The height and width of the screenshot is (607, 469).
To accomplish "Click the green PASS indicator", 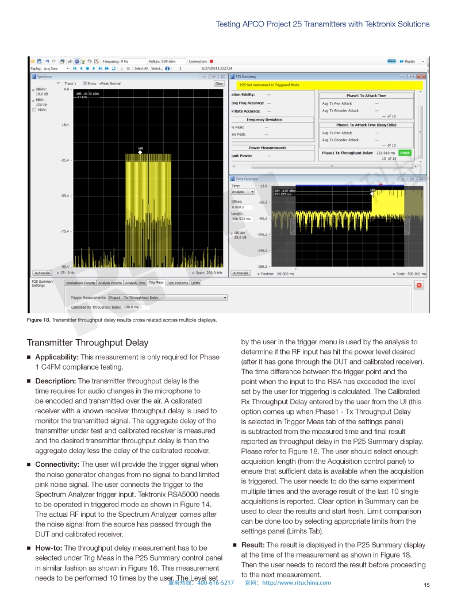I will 405,153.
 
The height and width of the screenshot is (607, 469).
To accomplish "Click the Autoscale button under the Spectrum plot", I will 41,273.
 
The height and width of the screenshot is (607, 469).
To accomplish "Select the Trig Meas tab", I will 156,282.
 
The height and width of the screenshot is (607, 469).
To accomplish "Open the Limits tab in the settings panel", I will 195,282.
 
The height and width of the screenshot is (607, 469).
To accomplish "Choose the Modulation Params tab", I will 80,282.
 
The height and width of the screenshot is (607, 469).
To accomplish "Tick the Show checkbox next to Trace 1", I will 85,83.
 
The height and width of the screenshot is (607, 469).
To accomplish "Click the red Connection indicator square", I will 212,61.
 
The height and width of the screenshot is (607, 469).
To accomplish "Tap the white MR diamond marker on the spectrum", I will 140,153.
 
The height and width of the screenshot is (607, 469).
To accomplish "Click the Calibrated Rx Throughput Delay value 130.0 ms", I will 132,307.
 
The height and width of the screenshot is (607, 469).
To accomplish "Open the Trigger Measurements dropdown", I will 225,298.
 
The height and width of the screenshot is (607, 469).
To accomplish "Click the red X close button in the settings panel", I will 418,286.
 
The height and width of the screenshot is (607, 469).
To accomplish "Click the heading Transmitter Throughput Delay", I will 87,343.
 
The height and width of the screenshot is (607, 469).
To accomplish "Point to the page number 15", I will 426,585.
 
